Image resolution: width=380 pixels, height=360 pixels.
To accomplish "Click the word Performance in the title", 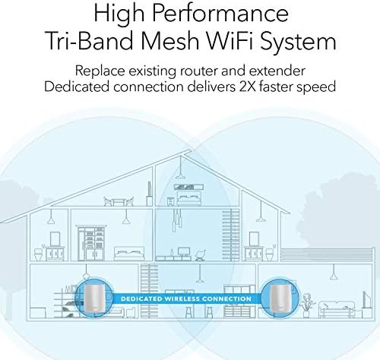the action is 220,13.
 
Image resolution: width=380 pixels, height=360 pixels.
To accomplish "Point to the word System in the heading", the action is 299,42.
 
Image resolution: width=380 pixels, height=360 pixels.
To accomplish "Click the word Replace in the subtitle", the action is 100,71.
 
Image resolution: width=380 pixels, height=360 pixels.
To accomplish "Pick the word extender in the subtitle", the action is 277,71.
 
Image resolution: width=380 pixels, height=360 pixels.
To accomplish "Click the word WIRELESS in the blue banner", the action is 182,298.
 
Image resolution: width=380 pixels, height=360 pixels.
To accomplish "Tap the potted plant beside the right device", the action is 306,305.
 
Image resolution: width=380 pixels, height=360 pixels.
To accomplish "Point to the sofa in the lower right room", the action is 337,309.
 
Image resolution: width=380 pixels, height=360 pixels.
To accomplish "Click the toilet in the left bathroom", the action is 39,254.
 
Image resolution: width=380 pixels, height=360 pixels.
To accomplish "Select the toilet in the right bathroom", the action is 269,254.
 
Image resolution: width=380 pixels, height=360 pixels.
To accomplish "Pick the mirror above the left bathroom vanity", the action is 55,239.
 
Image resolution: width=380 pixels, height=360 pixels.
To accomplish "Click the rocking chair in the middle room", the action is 201,255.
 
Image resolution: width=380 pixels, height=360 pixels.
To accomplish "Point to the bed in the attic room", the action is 190,198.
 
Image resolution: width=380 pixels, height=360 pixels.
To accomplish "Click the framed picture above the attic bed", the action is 189,187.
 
